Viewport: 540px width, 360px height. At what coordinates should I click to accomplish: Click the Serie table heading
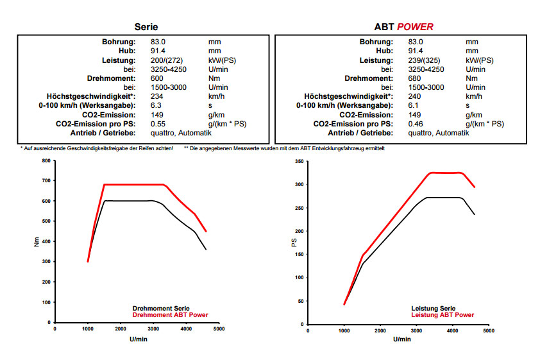tap(146, 27)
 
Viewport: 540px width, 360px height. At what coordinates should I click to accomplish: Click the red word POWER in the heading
tap(415, 27)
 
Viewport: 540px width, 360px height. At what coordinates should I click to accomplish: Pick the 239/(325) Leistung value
tap(425, 60)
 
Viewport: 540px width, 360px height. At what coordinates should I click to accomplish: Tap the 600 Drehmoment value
tap(156, 78)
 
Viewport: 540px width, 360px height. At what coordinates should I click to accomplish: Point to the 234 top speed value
tap(156, 96)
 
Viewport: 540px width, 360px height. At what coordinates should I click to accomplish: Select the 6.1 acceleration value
tap(413, 105)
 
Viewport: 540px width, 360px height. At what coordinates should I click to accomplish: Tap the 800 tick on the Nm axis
tap(46, 161)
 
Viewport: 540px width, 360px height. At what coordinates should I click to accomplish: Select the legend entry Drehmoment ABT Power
tap(170, 315)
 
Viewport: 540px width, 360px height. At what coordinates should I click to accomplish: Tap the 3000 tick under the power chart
tap(416, 331)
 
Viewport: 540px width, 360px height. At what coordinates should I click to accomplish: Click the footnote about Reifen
tap(97, 148)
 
